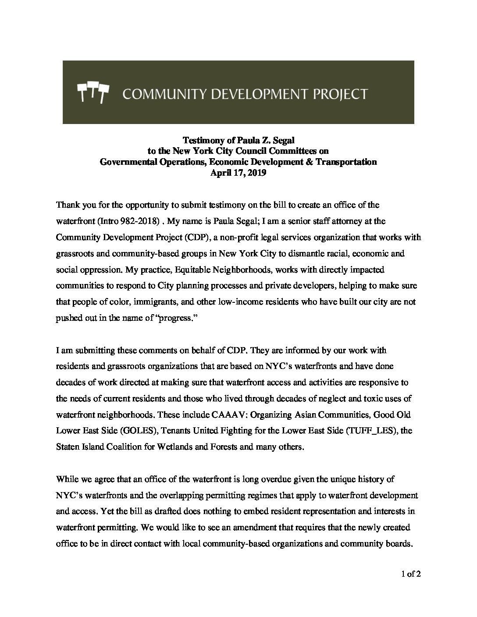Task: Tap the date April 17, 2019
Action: pos(238,173)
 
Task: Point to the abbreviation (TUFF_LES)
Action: pos(372,431)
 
